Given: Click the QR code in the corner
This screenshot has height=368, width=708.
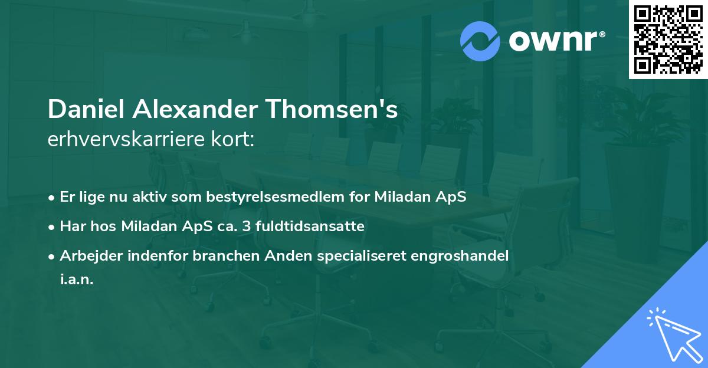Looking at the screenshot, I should click(x=668, y=40).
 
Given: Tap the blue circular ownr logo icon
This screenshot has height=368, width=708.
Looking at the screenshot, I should click(x=480, y=41).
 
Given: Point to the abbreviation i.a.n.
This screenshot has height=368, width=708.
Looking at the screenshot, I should click(x=77, y=280).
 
